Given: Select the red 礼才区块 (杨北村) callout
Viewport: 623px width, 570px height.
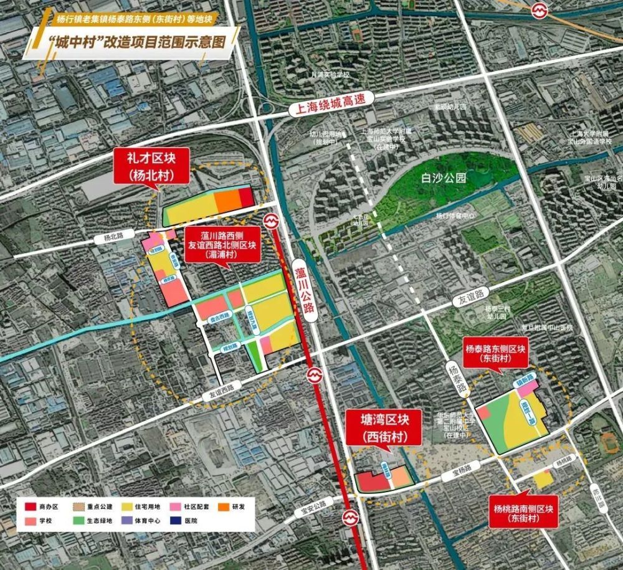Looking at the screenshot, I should click(152, 167).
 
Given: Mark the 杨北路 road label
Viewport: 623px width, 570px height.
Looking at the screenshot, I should click(107, 238).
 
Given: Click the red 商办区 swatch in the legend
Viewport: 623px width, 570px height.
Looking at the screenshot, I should click(29, 507).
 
